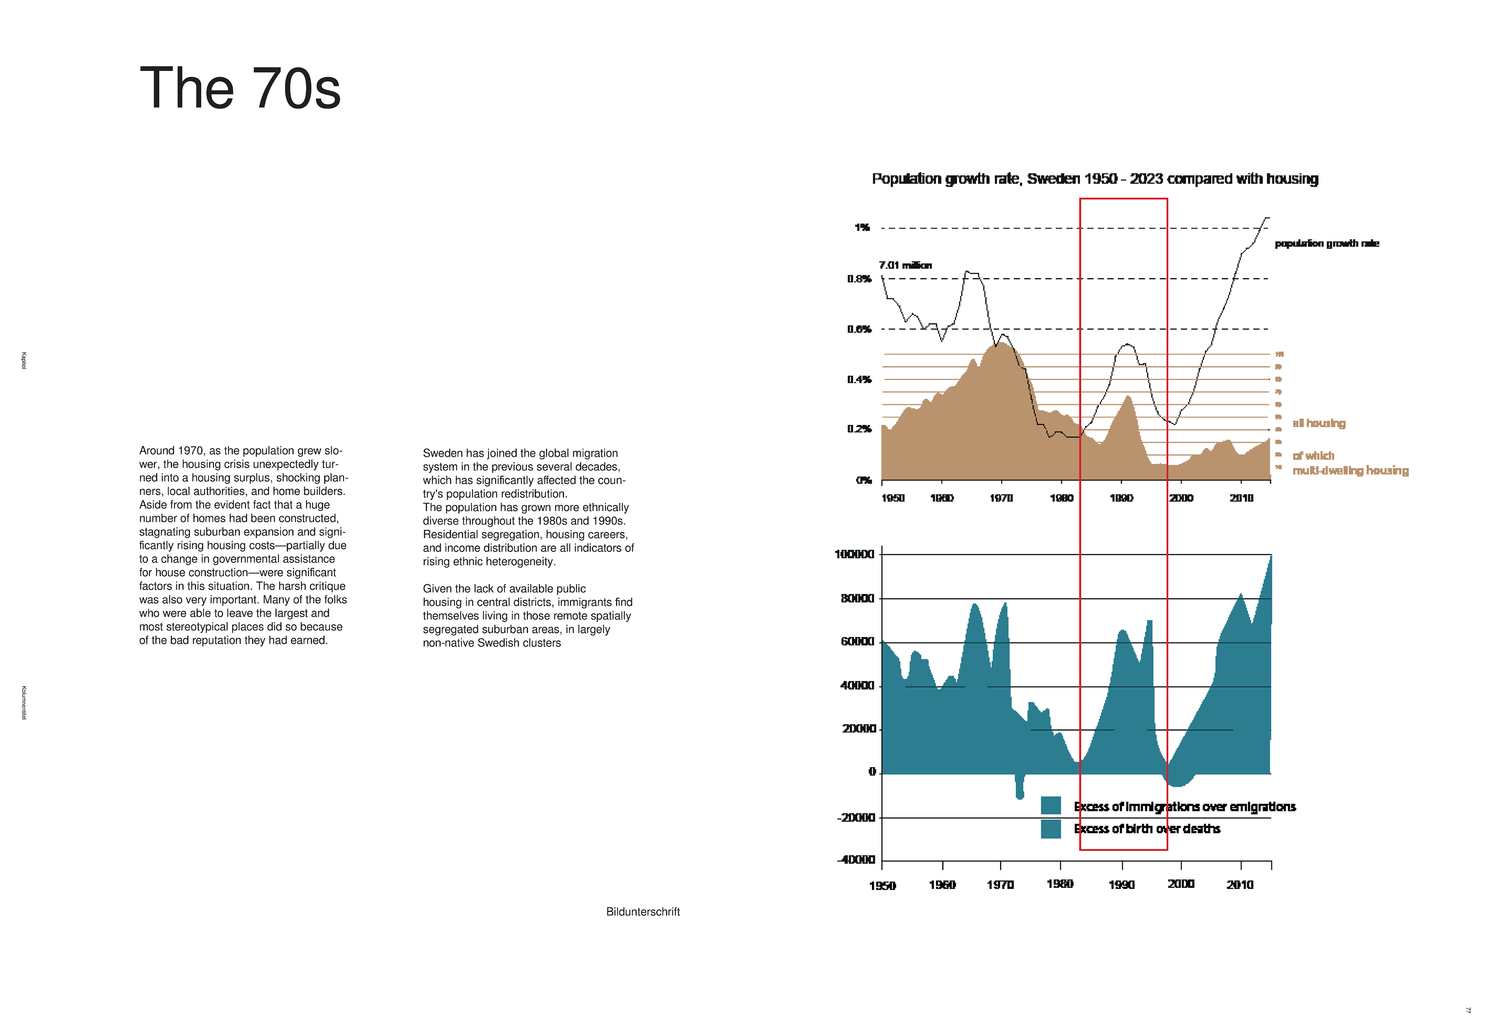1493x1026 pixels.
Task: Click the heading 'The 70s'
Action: (240, 89)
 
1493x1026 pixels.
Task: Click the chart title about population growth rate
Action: (1094, 179)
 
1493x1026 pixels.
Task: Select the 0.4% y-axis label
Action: (859, 379)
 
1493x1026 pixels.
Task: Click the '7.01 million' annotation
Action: (905, 265)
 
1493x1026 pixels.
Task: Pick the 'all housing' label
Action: (1319, 423)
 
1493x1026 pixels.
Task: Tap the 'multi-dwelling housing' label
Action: (1350, 471)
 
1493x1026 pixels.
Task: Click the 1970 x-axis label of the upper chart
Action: (1001, 498)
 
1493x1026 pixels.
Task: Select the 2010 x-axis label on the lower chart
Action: (1240, 885)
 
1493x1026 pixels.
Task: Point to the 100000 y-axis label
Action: (854, 554)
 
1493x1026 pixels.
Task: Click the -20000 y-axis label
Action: (856, 818)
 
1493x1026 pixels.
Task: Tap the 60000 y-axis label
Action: (857, 642)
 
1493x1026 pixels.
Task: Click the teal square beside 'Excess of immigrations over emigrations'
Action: (1050, 806)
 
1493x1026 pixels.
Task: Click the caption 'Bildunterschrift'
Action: (642, 912)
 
